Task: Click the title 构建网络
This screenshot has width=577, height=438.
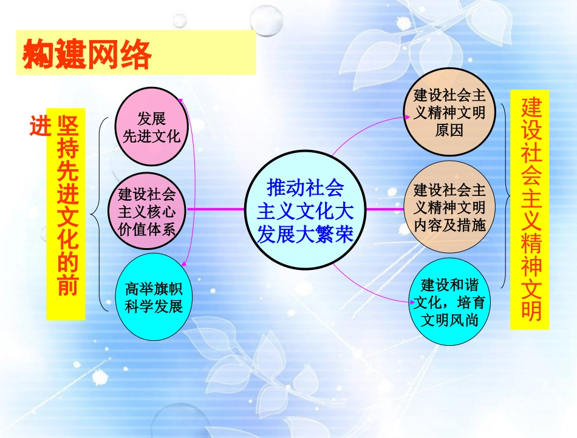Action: [86, 56]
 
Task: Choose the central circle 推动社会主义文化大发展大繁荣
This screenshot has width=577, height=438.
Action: [306, 209]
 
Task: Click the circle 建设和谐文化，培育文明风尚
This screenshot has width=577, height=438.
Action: [449, 302]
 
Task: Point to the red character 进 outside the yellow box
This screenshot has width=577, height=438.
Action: [39, 126]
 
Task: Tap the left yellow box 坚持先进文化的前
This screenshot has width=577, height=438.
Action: [66, 214]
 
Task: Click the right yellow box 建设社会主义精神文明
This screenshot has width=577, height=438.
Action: [530, 209]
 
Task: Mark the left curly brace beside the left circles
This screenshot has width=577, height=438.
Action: [96, 213]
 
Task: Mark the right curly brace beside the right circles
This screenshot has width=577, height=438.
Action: [507, 195]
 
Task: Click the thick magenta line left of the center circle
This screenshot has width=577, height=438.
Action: [216, 209]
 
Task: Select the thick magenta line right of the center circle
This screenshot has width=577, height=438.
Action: [386, 209]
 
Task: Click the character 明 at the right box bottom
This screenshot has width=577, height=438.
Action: [530, 311]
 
